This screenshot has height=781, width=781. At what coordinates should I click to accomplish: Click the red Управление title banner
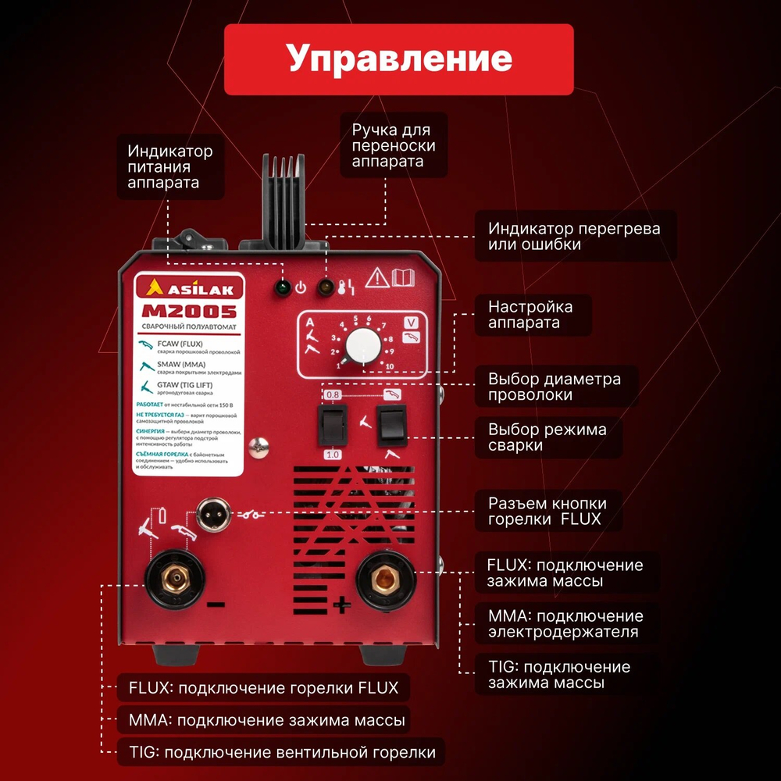(398, 59)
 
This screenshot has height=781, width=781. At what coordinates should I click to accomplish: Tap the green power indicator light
(280, 287)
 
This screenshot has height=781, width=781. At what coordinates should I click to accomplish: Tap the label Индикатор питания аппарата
(170, 166)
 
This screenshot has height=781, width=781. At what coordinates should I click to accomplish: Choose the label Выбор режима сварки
(547, 437)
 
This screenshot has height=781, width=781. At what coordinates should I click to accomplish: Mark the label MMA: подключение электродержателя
(564, 624)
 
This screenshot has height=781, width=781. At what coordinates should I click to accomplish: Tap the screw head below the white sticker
(256, 447)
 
